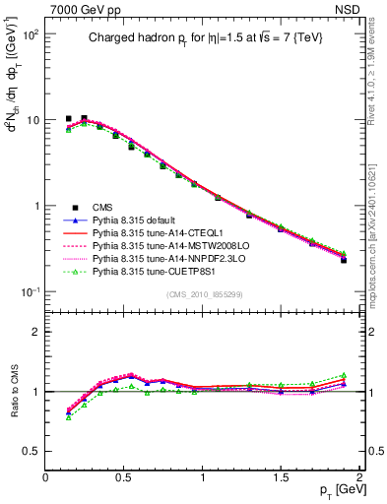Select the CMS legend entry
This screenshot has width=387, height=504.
coord(103,207)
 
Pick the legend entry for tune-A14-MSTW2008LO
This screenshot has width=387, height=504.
coord(162,246)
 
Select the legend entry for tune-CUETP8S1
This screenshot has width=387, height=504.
coord(155,272)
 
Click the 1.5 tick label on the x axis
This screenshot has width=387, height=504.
coord(281,476)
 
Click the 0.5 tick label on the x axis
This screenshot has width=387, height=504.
coord(124,476)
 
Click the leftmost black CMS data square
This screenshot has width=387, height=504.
coord(69,118)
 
